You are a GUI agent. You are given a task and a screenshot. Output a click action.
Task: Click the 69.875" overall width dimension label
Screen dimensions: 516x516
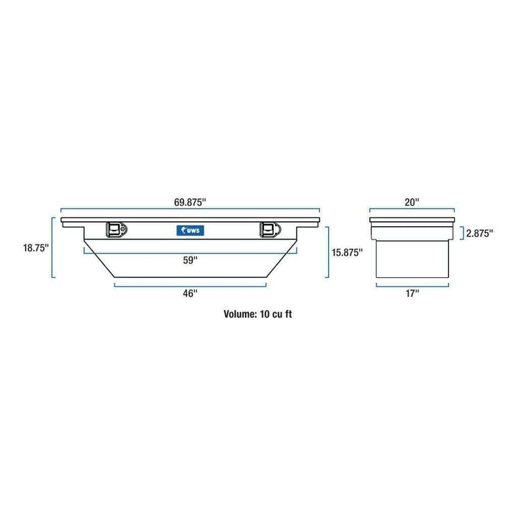click(x=191, y=201)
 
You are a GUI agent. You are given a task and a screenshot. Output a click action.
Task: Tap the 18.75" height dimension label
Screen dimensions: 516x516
click(x=35, y=248)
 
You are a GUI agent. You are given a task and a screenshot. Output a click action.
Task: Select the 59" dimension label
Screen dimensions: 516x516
click(x=191, y=259)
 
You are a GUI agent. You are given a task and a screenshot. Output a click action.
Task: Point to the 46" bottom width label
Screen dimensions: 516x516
click(x=191, y=293)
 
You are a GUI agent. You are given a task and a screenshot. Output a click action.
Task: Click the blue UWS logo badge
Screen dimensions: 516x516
click(x=191, y=231)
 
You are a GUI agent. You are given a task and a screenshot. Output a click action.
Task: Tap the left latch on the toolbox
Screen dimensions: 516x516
click(x=116, y=231)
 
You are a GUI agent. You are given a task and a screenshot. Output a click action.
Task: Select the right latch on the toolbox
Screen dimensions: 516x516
click(x=268, y=231)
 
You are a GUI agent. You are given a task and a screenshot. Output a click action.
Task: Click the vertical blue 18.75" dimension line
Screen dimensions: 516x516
click(x=52, y=248)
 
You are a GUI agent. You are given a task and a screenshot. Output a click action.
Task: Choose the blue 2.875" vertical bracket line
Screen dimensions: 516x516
click(x=463, y=234)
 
